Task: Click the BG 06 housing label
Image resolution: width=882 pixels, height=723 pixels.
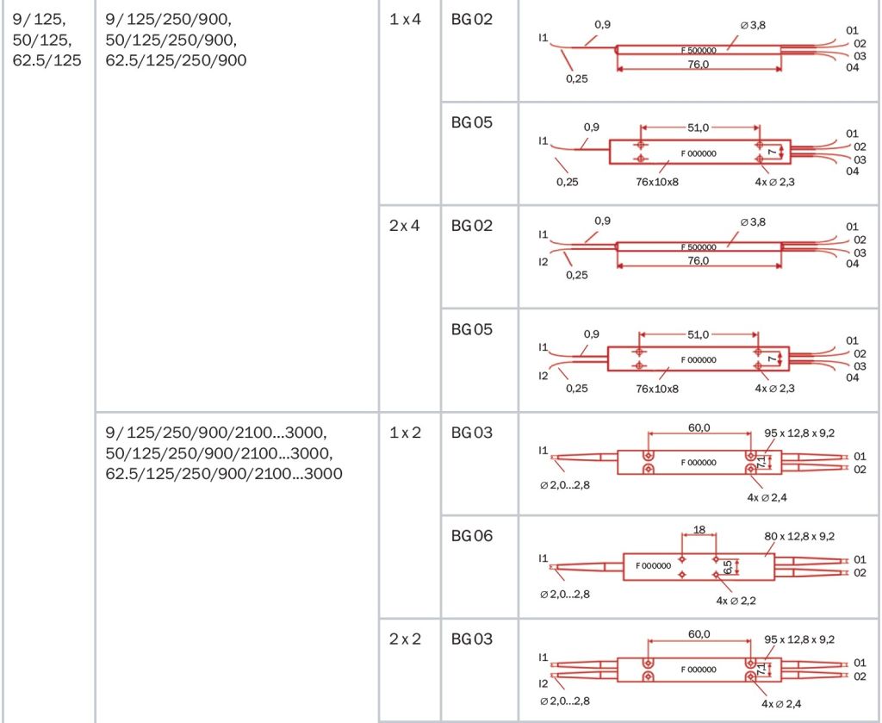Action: click(x=472, y=536)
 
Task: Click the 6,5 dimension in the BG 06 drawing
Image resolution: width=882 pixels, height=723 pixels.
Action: click(x=728, y=567)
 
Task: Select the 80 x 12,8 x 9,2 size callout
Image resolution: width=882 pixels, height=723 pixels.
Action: click(x=798, y=536)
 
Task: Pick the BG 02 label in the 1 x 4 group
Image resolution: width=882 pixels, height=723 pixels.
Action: click(x=472, y=18)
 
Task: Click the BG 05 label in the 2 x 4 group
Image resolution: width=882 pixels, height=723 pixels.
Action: click(x=472, y=330)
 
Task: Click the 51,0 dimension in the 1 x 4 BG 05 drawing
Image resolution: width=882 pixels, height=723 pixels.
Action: click(x=698, y=128)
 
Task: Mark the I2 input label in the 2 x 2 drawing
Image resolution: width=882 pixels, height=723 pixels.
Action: click(x=543, y=682)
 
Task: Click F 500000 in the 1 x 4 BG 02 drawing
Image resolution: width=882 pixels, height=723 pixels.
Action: click(x=699, y=51)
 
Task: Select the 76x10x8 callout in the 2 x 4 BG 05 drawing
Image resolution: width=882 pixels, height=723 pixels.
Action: click(x=657, y=389)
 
